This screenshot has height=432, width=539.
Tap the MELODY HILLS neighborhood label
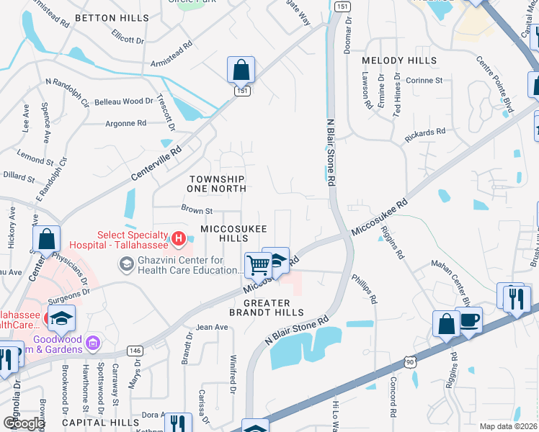tap(399, 60)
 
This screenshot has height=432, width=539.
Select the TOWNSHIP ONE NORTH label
tap(218, 183)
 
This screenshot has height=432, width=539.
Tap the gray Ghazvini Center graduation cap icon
tap(127, 265)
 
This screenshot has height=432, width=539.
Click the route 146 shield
tap(135, 351)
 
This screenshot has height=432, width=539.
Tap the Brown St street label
tap(197, 211)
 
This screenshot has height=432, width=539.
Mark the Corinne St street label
tap(423, 81)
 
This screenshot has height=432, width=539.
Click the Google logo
tap(24, 423)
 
